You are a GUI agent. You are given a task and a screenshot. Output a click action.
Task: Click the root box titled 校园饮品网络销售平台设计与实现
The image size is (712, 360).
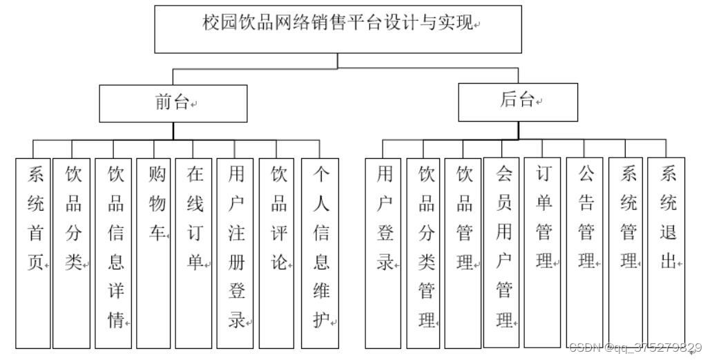[338, 29]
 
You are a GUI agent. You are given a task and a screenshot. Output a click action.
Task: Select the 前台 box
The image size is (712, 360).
[173, 104]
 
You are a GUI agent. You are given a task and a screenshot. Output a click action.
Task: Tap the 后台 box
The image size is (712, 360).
[518, 102]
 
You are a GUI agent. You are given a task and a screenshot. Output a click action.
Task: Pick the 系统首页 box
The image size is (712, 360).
[33, 252]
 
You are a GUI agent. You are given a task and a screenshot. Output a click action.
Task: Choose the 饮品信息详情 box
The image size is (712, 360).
[113, 252]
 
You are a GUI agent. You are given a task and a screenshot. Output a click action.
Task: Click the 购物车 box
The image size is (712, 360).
[153, 252]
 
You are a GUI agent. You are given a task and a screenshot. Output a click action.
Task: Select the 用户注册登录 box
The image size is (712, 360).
[235, 252]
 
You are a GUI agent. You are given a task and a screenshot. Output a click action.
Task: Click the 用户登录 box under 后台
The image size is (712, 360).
[384, 252]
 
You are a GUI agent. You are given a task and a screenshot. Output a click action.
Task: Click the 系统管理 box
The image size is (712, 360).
[626, 252]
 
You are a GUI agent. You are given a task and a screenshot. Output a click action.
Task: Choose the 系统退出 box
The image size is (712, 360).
[666, 252]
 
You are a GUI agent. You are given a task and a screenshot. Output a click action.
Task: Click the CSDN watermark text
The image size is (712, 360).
[635, 348]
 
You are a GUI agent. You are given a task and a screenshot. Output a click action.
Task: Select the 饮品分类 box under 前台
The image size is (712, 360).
[72, 252]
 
